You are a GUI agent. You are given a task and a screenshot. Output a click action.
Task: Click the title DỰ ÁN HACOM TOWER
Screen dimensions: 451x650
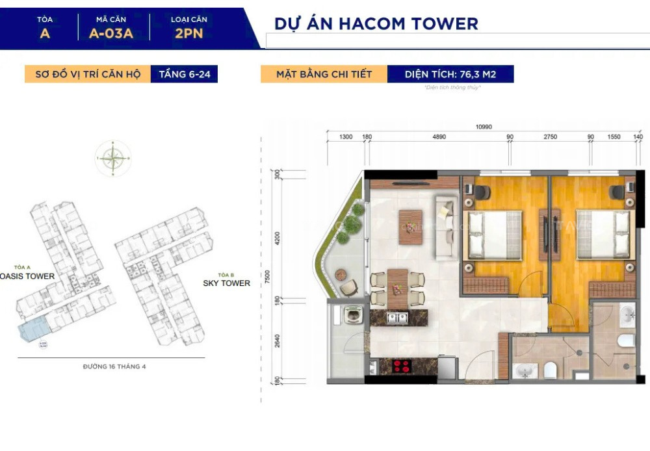click(376, 24)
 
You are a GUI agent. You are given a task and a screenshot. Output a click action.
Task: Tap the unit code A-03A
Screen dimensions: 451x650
click(110, 33)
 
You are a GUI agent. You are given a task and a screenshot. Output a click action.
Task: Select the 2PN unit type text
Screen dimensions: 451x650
click(188, 33)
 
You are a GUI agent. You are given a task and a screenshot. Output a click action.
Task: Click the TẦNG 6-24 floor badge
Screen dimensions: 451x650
click(185, 74)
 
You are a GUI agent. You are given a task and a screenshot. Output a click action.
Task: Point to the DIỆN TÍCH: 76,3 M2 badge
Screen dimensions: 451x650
click(450, 74)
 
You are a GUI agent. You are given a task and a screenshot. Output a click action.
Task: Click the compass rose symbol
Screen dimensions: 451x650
click(113, 158)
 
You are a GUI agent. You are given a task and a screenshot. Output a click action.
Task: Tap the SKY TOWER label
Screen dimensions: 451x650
click(226, 283)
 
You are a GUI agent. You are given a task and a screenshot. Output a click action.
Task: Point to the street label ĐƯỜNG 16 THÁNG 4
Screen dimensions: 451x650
click(114, 367)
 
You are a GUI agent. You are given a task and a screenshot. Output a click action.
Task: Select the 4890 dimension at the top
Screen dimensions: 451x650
click(439, 137)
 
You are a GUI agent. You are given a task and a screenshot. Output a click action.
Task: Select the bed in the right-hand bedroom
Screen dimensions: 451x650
click(603, 233)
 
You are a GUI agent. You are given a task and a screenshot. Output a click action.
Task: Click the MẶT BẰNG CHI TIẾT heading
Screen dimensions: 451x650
click(324, 74)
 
